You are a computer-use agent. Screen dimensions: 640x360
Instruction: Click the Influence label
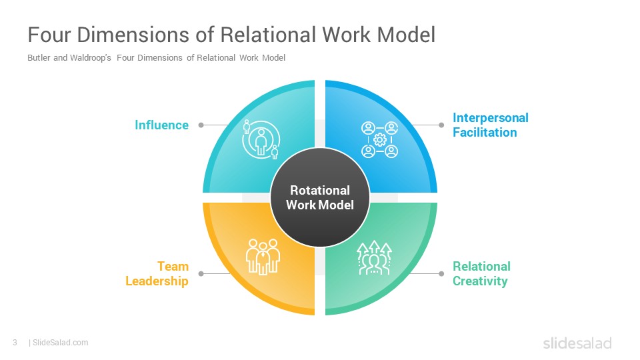pyautogui.click(x=161, y=125)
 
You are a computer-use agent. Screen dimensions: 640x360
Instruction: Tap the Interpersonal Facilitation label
pyautogui.click(x=490, y=125)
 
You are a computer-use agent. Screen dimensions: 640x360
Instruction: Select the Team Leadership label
pyautogui.click(x=157, y=273)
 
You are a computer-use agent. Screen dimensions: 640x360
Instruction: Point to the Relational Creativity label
pyautogui.click(x=481, y=273)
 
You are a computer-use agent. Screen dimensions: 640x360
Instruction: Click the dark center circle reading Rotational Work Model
pyautogui.click(x=320, y=197)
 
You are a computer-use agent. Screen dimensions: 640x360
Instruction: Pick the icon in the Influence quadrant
pyautogui.click(x=261, y=139)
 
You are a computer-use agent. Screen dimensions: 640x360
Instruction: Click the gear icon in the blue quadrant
pyautogui.click(x=379, y=139)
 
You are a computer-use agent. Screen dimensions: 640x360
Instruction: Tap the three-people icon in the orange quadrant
pyautogui.click(x=263, y=256)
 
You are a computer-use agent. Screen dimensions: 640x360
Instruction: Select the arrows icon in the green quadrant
pyautogui.click(x=374, y=257)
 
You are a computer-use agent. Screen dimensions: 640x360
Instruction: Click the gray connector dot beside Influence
pyautogui.click(x=201, y=125)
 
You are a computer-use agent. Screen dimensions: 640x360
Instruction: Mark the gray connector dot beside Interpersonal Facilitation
pyautogui.click(x=441, y=125)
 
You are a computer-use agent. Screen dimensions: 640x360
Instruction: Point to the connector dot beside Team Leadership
pyautogui.click(x=201, y=273)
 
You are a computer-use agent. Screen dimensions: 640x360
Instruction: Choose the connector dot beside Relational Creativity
pyautogui.click(x=441, y=273)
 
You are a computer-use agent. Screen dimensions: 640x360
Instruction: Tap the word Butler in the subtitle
pyautogui.click(x=39, y=57)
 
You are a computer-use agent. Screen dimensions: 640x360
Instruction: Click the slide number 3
pyautogui.click(x=15, y=343)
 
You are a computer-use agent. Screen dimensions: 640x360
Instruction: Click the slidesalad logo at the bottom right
pyautogui.click(x=577, y=343)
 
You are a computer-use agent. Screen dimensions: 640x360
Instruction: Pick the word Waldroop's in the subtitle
pyautogui.click(x=90, y=57)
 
